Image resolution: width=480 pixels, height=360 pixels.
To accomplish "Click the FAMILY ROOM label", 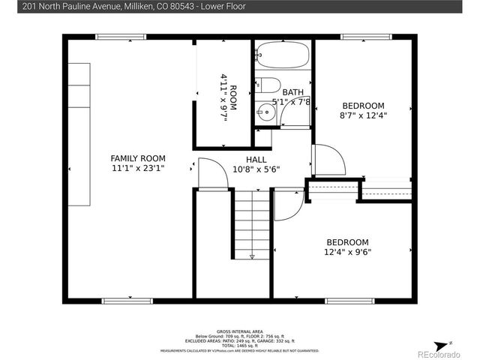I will [137, 158].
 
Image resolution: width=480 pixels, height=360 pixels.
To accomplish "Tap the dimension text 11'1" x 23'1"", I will [137, 169].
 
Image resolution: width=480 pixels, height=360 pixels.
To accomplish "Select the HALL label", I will [256, 159].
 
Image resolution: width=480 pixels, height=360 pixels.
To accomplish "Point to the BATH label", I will [292, 92].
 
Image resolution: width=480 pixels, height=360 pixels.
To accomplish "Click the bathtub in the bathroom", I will [283, 55].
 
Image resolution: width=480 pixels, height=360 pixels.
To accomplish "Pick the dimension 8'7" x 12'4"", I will [363, 116].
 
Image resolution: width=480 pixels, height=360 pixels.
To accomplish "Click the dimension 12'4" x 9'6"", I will [346, 253].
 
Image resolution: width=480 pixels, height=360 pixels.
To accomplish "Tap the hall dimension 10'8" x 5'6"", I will [256, 169].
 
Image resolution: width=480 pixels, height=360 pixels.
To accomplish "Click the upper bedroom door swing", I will [330, 160].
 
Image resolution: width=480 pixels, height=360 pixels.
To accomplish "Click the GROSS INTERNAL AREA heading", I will [239, 330].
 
